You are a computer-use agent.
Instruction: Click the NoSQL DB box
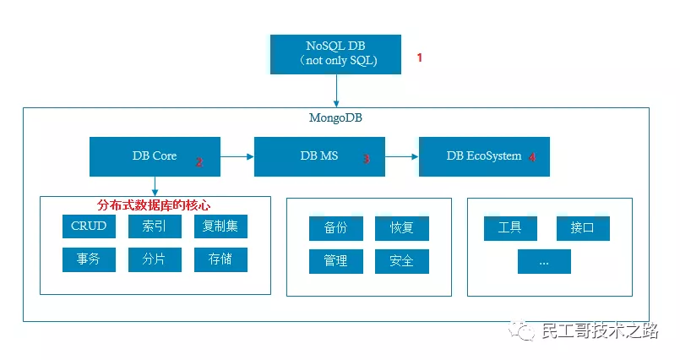tap(335, 54)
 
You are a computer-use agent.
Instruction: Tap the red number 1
tap(419, 57)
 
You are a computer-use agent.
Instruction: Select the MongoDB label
tap(335, 117)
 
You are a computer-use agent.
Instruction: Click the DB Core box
tap(155, 156)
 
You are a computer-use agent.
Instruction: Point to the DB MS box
tap(319, 156)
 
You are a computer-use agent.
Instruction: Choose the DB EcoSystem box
tap(484, 156)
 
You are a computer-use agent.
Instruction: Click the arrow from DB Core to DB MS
tap(237, 156)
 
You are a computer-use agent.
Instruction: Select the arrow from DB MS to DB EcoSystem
tap(402, 156)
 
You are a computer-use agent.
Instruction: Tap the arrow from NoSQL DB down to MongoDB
tap(336, 90)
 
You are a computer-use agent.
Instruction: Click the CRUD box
tap(89, 226)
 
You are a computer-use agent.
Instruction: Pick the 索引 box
tap(155, 226)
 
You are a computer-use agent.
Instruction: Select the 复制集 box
tap(220, 226)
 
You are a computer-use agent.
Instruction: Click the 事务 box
tap(89, 259)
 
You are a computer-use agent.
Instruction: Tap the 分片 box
tap(155, 259)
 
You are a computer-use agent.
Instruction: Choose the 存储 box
tap(220, 259)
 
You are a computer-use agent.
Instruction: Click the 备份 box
tap(336, 228)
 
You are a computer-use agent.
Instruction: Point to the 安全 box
tap(402, 261)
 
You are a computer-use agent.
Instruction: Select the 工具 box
tap(510, 228)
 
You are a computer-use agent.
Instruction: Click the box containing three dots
tap(544, 261)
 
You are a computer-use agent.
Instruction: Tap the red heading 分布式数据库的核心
tap(154, 205)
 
